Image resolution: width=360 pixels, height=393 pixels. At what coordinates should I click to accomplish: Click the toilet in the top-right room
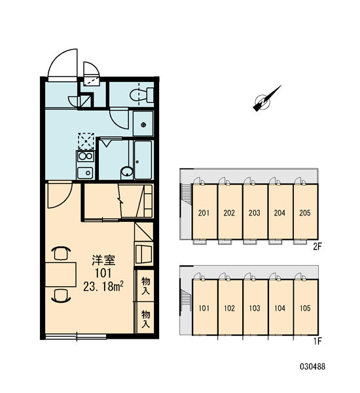(x=142, y=95)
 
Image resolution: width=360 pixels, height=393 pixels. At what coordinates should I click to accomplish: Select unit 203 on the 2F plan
(x=255, y=212)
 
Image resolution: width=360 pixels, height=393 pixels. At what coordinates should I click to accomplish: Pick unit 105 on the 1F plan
(x=306, y=307)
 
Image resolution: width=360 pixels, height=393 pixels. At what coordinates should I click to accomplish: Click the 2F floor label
(x=317, y=247)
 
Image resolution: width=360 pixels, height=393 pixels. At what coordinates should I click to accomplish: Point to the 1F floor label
(x=317, y=341)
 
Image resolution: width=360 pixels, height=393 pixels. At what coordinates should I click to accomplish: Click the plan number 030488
(x=313, y=367)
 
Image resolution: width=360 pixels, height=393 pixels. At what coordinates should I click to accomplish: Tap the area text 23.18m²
(x=103, y=286)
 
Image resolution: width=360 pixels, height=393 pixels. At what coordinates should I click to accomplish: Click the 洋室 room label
(x=103, y=261)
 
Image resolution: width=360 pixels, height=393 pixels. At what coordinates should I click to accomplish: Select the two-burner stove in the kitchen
(x=86, y=157)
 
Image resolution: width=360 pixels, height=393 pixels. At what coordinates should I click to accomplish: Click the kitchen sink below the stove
(x=85, y=173)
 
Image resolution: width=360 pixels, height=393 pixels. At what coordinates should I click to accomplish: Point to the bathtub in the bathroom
(x=143, y=160)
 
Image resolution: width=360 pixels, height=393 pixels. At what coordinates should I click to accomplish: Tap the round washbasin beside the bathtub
(x=127, y=172)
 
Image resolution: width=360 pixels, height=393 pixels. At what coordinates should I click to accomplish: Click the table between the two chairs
(x=61, y=274)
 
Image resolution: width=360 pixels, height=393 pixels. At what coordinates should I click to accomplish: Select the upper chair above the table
(x=61, y=253)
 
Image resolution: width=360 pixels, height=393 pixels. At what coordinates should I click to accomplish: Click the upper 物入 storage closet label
(x=145, y=286)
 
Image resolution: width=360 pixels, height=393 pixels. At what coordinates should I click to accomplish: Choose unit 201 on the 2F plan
(x=204, y=212)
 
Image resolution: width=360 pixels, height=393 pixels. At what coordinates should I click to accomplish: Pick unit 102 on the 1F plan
(x=230, y=307)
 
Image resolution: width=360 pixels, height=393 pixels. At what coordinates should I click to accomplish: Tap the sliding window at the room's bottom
(x=76, y=336)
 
